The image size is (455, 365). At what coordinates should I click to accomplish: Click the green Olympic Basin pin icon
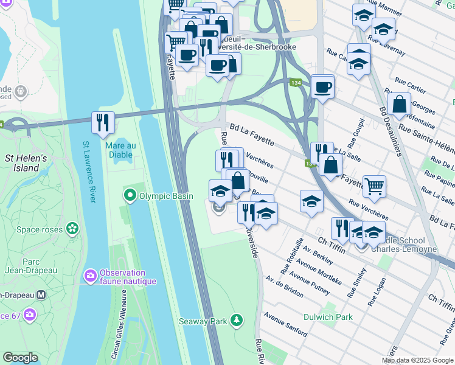pos(129,196)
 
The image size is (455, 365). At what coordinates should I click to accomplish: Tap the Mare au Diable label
pos(119,150)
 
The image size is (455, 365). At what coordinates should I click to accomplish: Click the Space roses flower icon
pos(73,229)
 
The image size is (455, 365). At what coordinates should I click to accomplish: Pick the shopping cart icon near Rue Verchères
pos(374,186)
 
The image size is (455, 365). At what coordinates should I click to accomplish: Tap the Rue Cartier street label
pos(410,88)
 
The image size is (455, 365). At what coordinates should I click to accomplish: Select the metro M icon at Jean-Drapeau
pos(41,294)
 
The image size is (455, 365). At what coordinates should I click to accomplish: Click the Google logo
pos(20,358)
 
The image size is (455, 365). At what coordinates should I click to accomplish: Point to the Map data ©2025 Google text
pos(417,360)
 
